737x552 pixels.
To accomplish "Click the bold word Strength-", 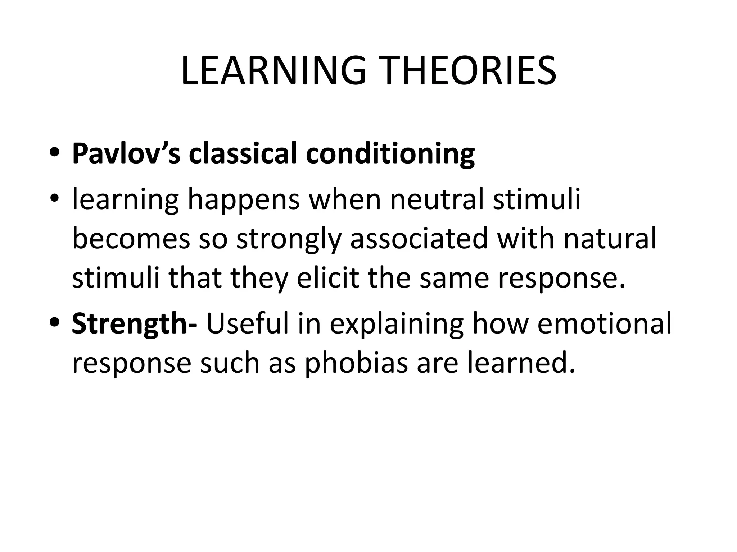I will [x=134, y=323].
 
